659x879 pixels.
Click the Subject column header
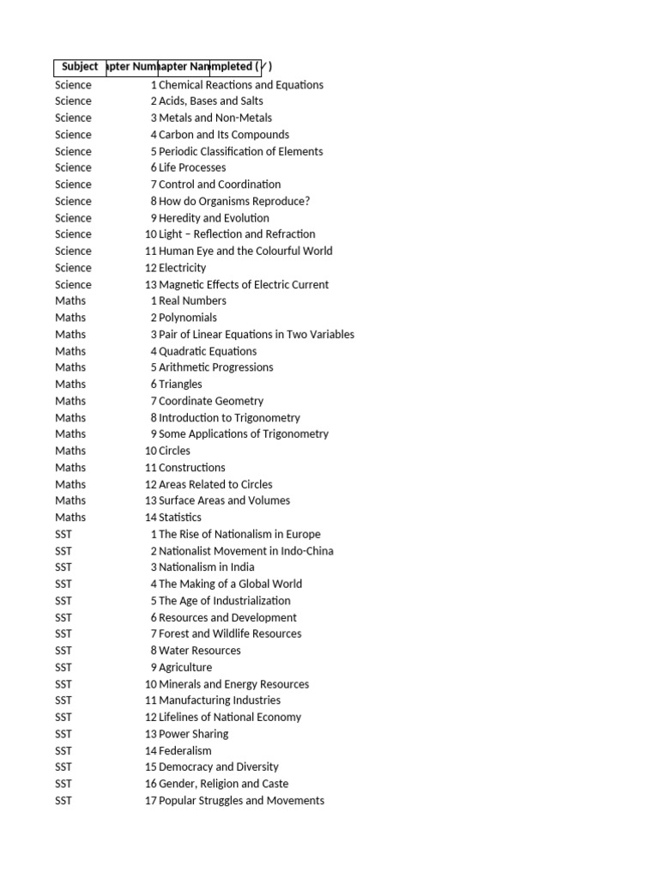(x=80, y=67)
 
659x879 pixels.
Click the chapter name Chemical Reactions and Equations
(x=241, y=85)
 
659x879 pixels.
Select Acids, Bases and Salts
(x=211, y=101)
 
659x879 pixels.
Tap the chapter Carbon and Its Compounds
(x=224, y=135)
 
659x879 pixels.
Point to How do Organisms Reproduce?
(x=234, y=201)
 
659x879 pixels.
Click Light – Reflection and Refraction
(x=237, y=234)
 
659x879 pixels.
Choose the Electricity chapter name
(x=183, y=268)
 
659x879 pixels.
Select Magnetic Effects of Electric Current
(x=244, y=284)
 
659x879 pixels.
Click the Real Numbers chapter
(x=193, y=300)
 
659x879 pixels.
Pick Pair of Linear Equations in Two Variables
(x=257, y=335)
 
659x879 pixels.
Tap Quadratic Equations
(x=208, y=351)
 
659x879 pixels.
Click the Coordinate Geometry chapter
(x=211, y=401)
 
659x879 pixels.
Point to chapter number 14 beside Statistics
(x=151, y=518)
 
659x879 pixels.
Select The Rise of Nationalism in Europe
(x=239, y=534)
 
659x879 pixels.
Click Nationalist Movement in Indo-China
(x=246, y=551)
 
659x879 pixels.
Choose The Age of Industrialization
(x=225, y=601)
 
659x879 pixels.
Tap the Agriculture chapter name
(x=185, y=668)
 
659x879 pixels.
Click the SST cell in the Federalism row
(x=64, y=751)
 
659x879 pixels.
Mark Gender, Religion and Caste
(x=224, y=784)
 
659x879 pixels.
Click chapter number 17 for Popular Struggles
(x=151, y=801)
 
